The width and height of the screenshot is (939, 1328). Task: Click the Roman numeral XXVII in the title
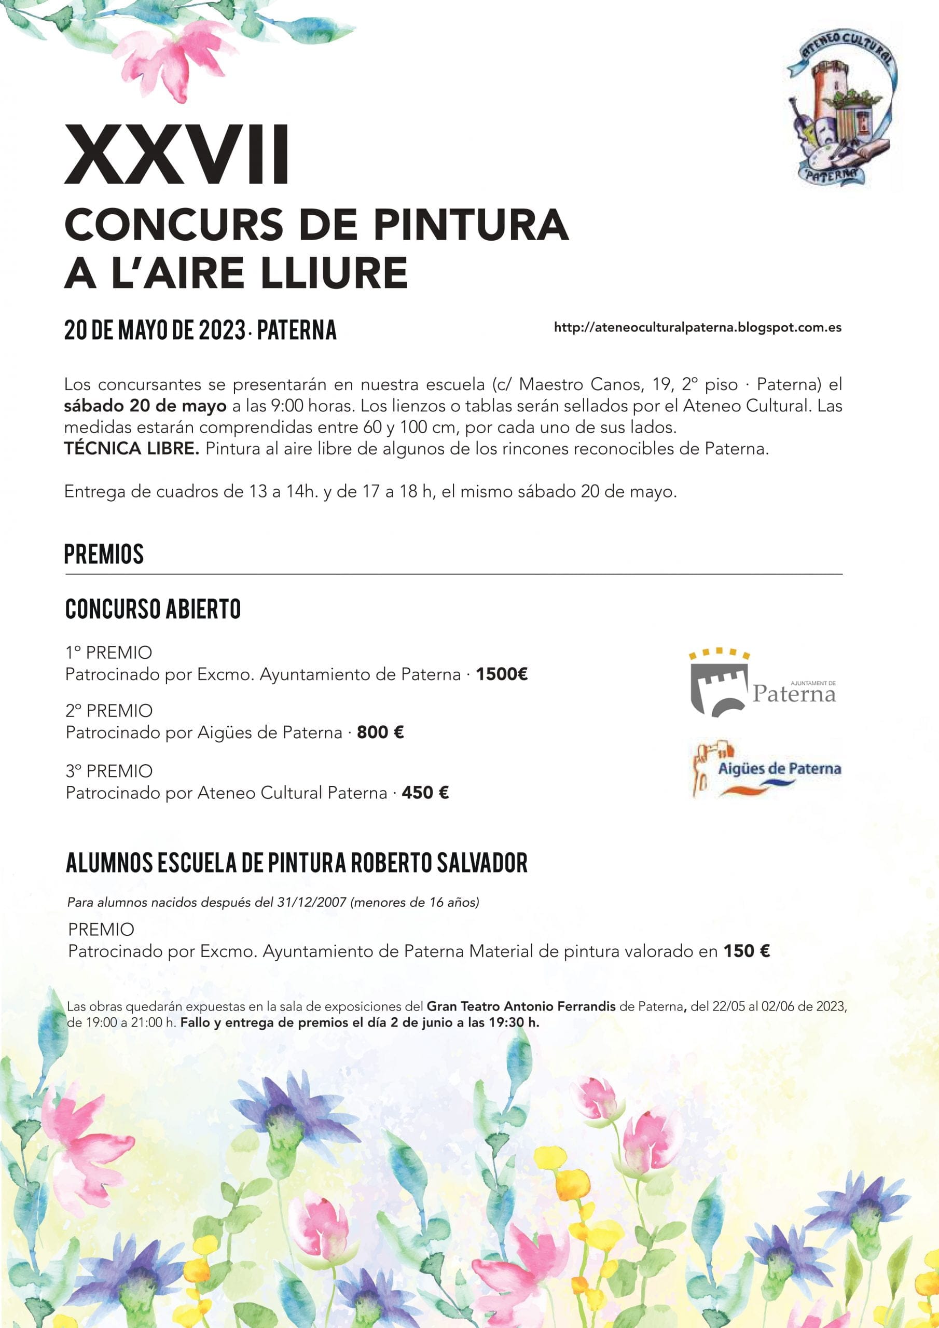176,155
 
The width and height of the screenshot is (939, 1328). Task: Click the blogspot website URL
697,328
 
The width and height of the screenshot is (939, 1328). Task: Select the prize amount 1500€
502,674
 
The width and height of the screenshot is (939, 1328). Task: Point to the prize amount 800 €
380,732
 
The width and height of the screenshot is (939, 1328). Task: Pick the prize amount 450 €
425,793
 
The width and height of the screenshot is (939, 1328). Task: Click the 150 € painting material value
747,951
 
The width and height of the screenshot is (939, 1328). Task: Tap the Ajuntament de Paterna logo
763,683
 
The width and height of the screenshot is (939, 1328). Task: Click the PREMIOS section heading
104,554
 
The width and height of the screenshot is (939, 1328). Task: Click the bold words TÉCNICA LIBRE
131,449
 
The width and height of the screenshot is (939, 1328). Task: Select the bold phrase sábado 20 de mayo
145,406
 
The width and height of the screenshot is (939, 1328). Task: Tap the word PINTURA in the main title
471,225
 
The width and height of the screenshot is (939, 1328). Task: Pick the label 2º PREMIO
109,711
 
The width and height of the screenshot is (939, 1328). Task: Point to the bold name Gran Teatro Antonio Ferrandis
521,1006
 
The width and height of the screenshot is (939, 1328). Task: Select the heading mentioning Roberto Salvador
296,863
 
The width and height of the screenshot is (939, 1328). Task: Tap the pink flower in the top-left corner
174,58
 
